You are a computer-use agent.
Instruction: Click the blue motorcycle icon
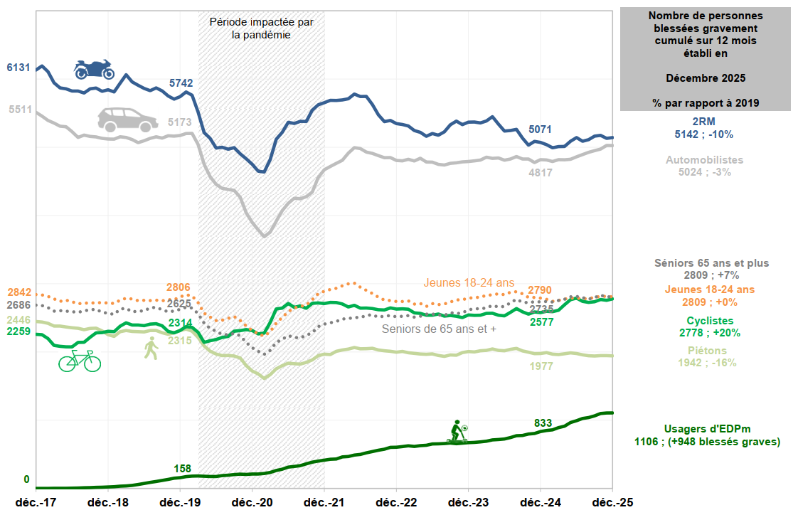pyautogui.click(x=94, y=69)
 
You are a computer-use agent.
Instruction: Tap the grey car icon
pyautogui.click(x=127, y=119)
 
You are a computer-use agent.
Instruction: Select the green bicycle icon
pyautogui.click(x=79, y=360)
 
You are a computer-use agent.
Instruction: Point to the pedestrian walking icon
pyautogui.click(x=151, y=349)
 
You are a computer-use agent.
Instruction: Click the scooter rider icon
pyautogui.click(x=457, y=432)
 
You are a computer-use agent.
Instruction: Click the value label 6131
pyautogui.click(x=18, y=68)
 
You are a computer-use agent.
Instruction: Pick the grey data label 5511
pyautogui.click(x=20, y=110)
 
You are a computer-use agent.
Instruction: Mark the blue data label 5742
pyautogui.click(x=181, y=83)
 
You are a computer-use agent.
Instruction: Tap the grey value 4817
pyautogui.click(x=541, y=172)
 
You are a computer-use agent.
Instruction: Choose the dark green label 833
pyautogui.click(x=543, y=423)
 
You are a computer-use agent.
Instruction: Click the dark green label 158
pyautogui.click(x=183, y=468)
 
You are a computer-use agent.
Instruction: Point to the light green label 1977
pyautogui.click(x=541, y=366)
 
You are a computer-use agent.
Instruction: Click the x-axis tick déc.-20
pyautogui.click(x=252, y=502)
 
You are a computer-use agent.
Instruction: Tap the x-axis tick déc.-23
pyautogui.click(x=468, y=502)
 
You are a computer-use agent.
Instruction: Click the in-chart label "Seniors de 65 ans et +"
pyautogui.click(x=438, y=329)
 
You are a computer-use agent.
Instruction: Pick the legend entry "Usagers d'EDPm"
pyautogui.click(x=707, y=429)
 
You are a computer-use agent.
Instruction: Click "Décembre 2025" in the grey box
pyautogui.click(x=706, y=77)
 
